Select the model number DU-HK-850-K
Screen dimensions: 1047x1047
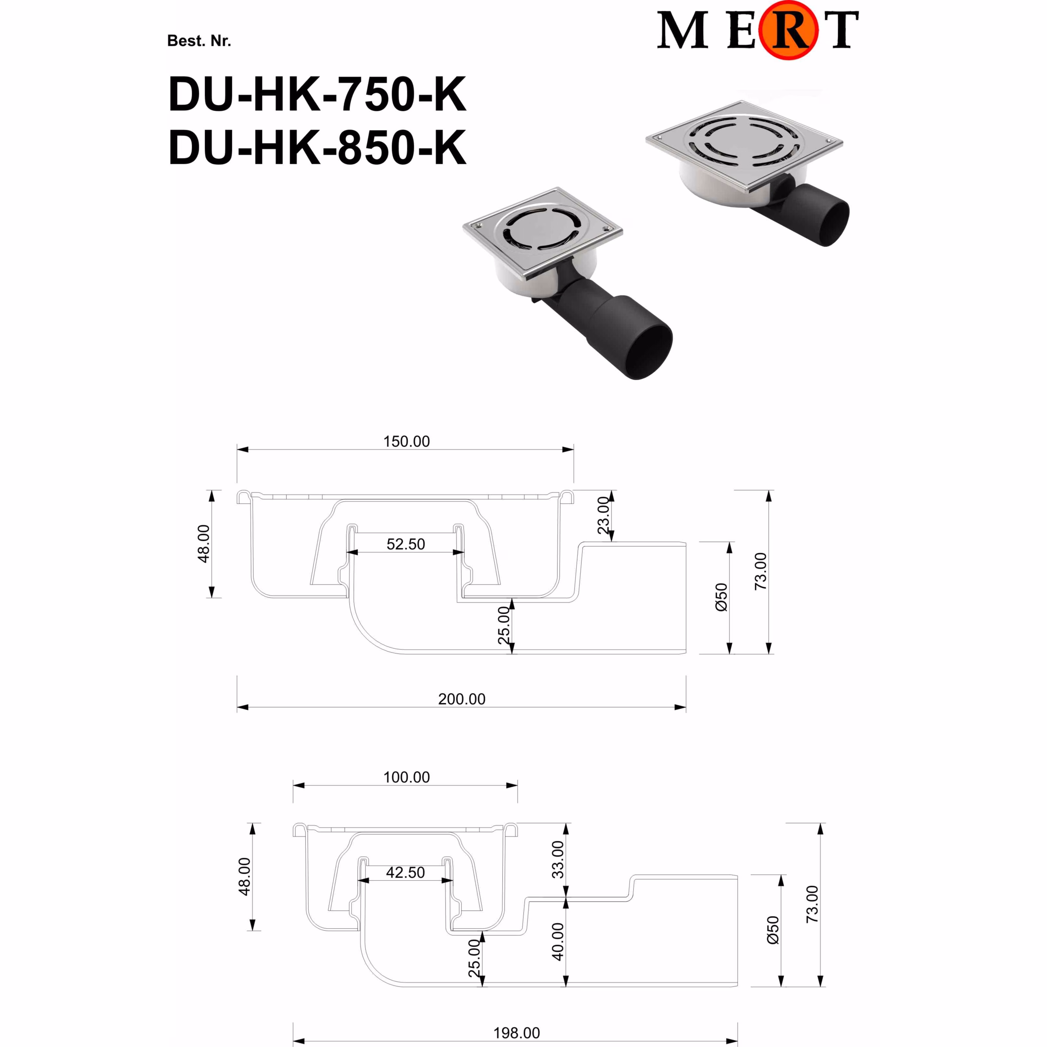[317, 147]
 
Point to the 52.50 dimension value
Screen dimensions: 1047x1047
[406, 544]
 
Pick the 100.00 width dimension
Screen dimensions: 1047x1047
[406, 777]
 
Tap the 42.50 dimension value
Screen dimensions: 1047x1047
[406, 873]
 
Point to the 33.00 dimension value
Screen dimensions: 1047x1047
[558, 860]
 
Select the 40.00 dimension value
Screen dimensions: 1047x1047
[558, 942]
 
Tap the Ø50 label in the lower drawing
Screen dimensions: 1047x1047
[773, 930]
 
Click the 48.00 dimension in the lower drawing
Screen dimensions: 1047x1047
[245, 876]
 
